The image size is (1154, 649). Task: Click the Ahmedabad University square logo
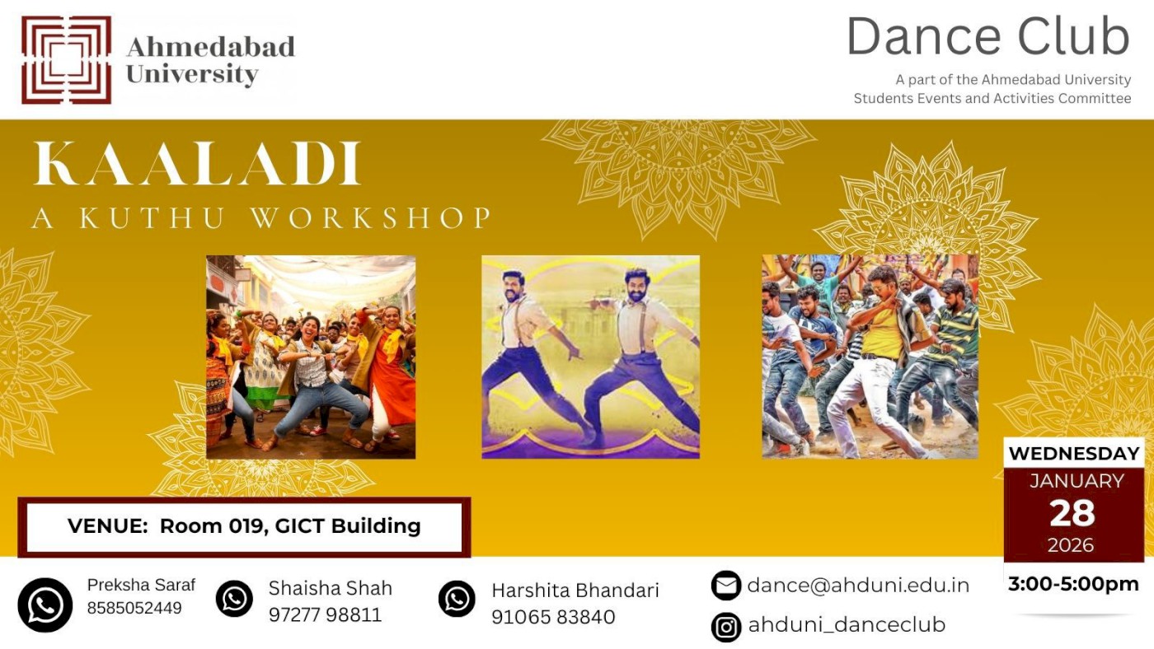(66, 59)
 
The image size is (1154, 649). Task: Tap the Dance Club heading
(987, 38)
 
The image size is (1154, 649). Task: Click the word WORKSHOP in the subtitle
(371, 218)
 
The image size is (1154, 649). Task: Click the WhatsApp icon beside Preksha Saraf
(45, 605)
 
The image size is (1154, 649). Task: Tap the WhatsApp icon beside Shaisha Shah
(234, 599)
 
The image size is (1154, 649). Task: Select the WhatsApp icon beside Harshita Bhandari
(457, 599)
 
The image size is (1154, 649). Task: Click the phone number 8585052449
(134, 609)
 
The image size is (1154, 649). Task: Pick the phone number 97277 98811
(325, 615)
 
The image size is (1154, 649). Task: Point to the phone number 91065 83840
(553, 617)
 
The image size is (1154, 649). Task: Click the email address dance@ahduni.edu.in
(858, 586)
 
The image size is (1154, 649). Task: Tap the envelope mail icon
(725, 586)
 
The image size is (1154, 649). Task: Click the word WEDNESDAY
(1074, 454)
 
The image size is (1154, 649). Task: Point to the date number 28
(1072, 513)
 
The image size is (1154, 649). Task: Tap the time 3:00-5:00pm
(1073, 585)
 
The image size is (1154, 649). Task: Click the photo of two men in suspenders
(590, 357)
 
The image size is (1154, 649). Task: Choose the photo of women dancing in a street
(311, 357)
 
